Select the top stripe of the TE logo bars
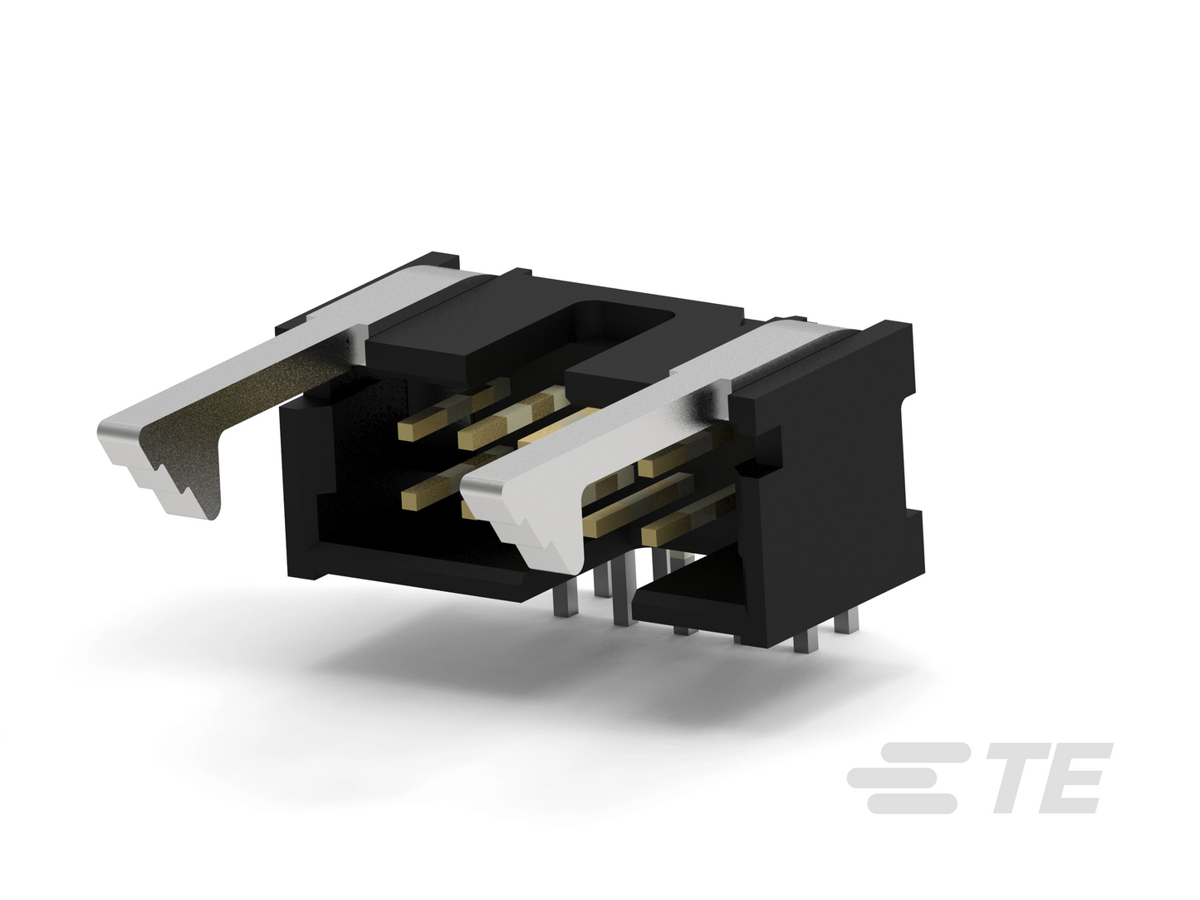(x=930, y=751)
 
